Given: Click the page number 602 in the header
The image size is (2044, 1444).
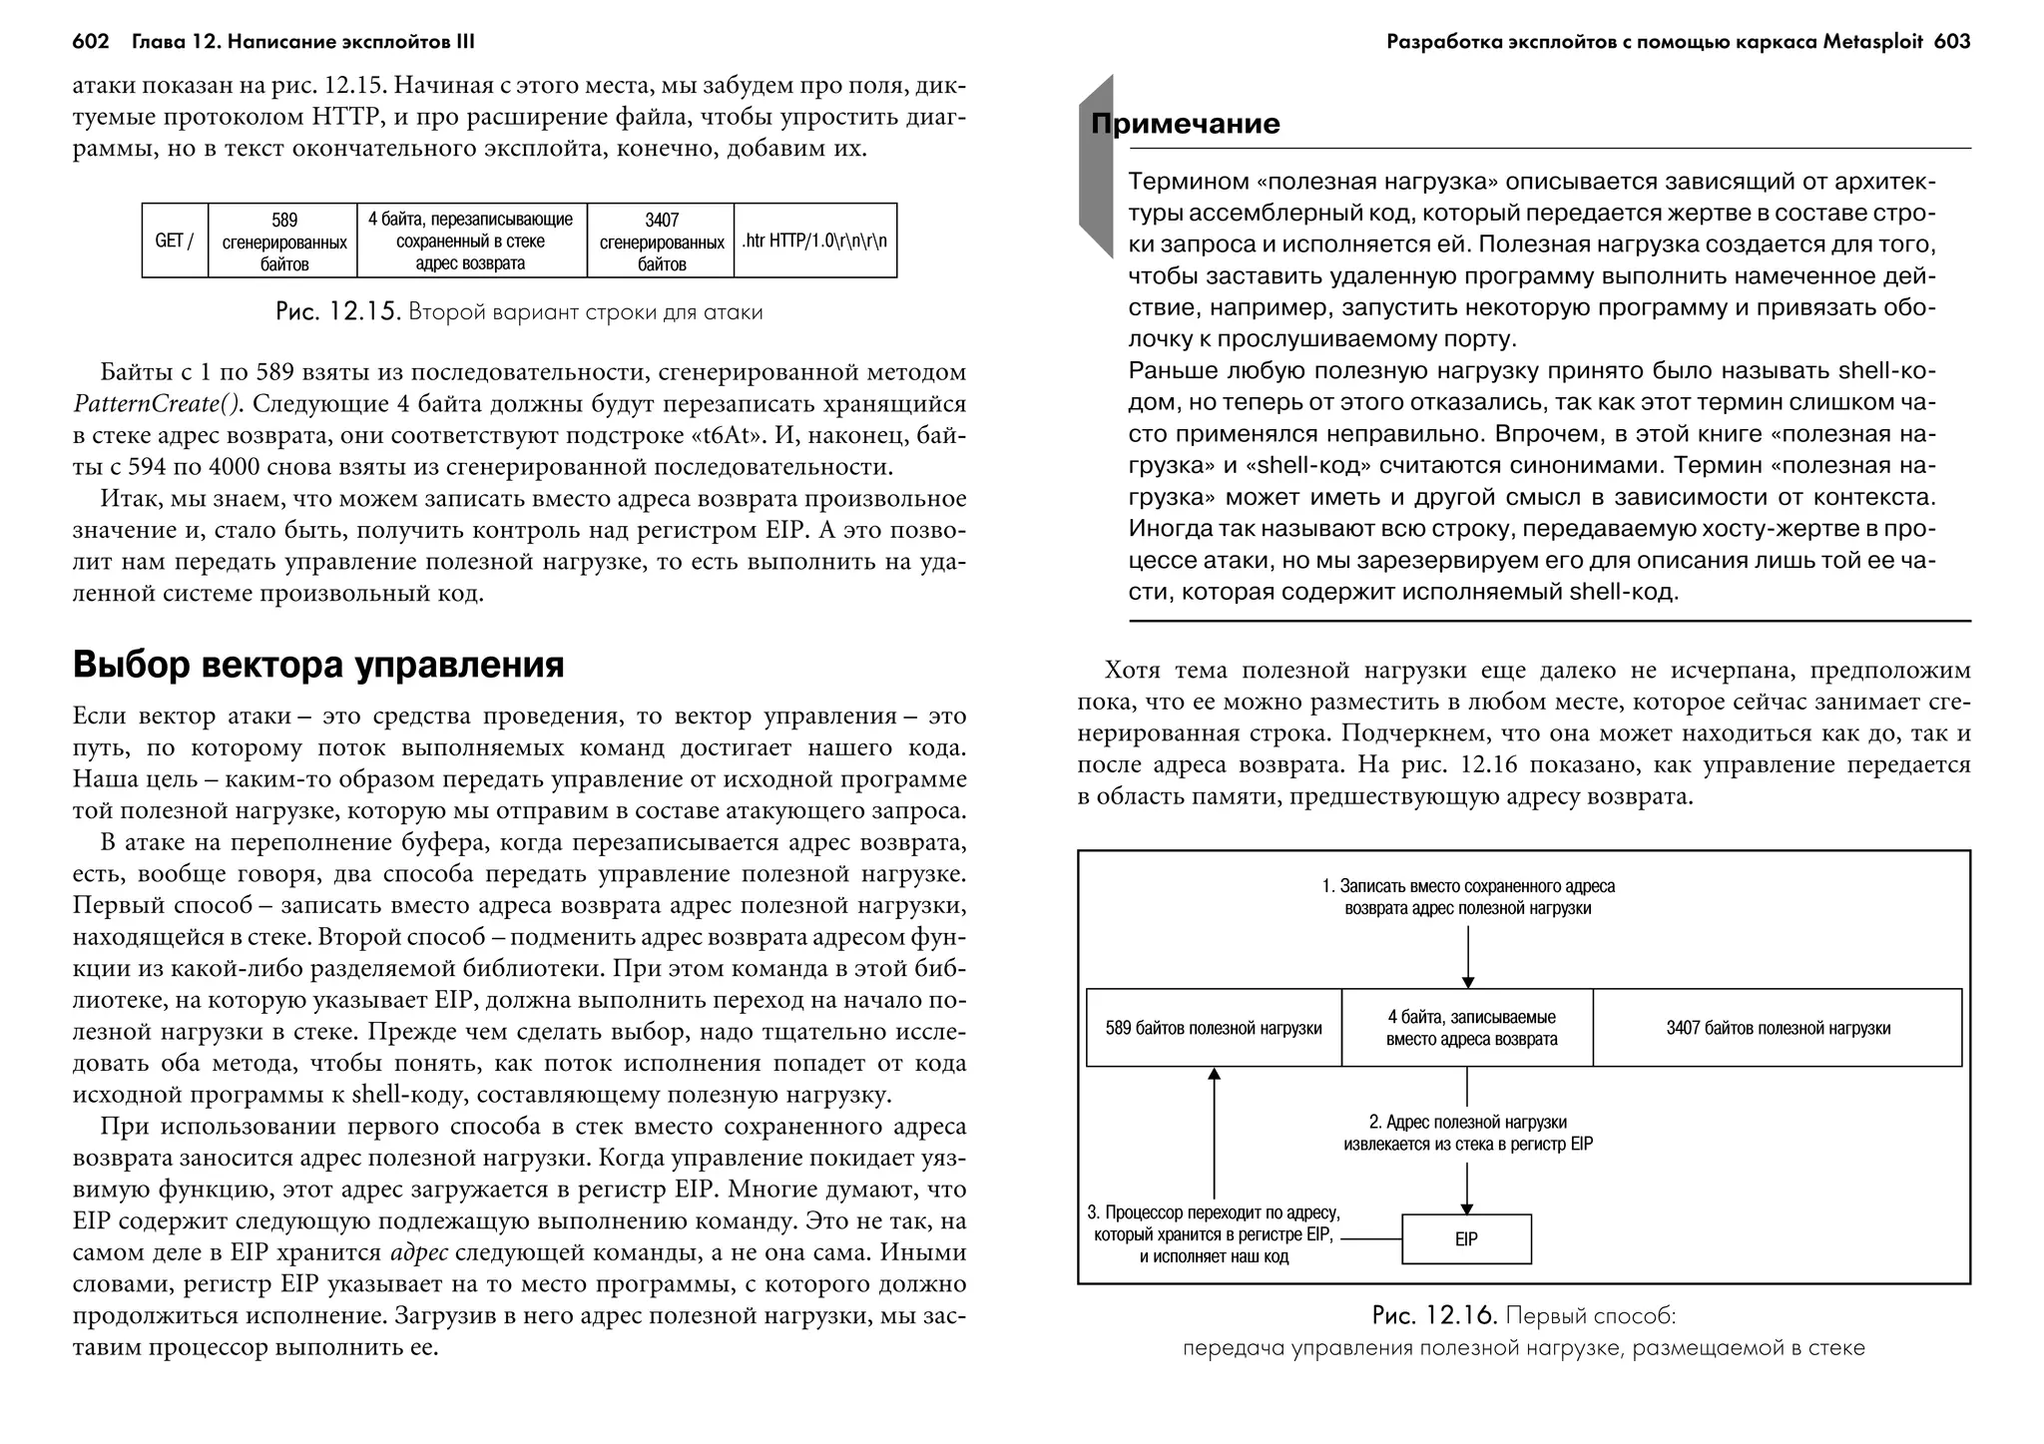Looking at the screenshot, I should pyautogui.click(x=90, y=42).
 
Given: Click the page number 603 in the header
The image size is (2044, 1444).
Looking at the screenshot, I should pyautogui.click(x=1951, y=42).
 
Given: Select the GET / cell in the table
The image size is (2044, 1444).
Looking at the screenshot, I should pyautogui.click(x=175, y=241).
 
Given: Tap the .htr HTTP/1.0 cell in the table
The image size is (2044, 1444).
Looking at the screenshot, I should pyautogui.click(x=814, y=241).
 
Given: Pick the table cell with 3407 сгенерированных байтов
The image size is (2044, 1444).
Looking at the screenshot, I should pyautogui.click(x=661, y=241).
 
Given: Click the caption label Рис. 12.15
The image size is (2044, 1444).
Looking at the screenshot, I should pyautogui.click(x=337, y=312).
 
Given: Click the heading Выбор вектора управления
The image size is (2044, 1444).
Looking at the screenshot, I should pyautogui.click(x=318, y=665).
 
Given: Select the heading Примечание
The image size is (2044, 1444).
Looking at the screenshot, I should pyautogui.click(x=1185, y=124).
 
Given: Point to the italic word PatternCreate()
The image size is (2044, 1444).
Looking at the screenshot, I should pyautogui.click(x=158, y=404).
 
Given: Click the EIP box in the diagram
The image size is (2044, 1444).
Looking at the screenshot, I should pyautogui.click(x=1465, y=1239).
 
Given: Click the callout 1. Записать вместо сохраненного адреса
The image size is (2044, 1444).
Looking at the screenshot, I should pyautogui.click(x=1467, y=897).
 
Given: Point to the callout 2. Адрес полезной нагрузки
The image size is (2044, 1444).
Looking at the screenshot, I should pyautogui.click(x=1467, y=1134).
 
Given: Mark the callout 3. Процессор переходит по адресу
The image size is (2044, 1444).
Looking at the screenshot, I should pyautogui.click(x=1213, y=1234).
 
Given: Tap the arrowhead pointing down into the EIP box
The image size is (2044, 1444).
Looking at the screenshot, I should pyautogui.click(x=1467, y=1207).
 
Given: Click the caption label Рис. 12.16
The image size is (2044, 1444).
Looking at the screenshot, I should pyautogui.click(x=1434, y=1316).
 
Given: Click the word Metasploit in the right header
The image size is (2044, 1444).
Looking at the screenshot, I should pyautogui.click(x=1873, y=42).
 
